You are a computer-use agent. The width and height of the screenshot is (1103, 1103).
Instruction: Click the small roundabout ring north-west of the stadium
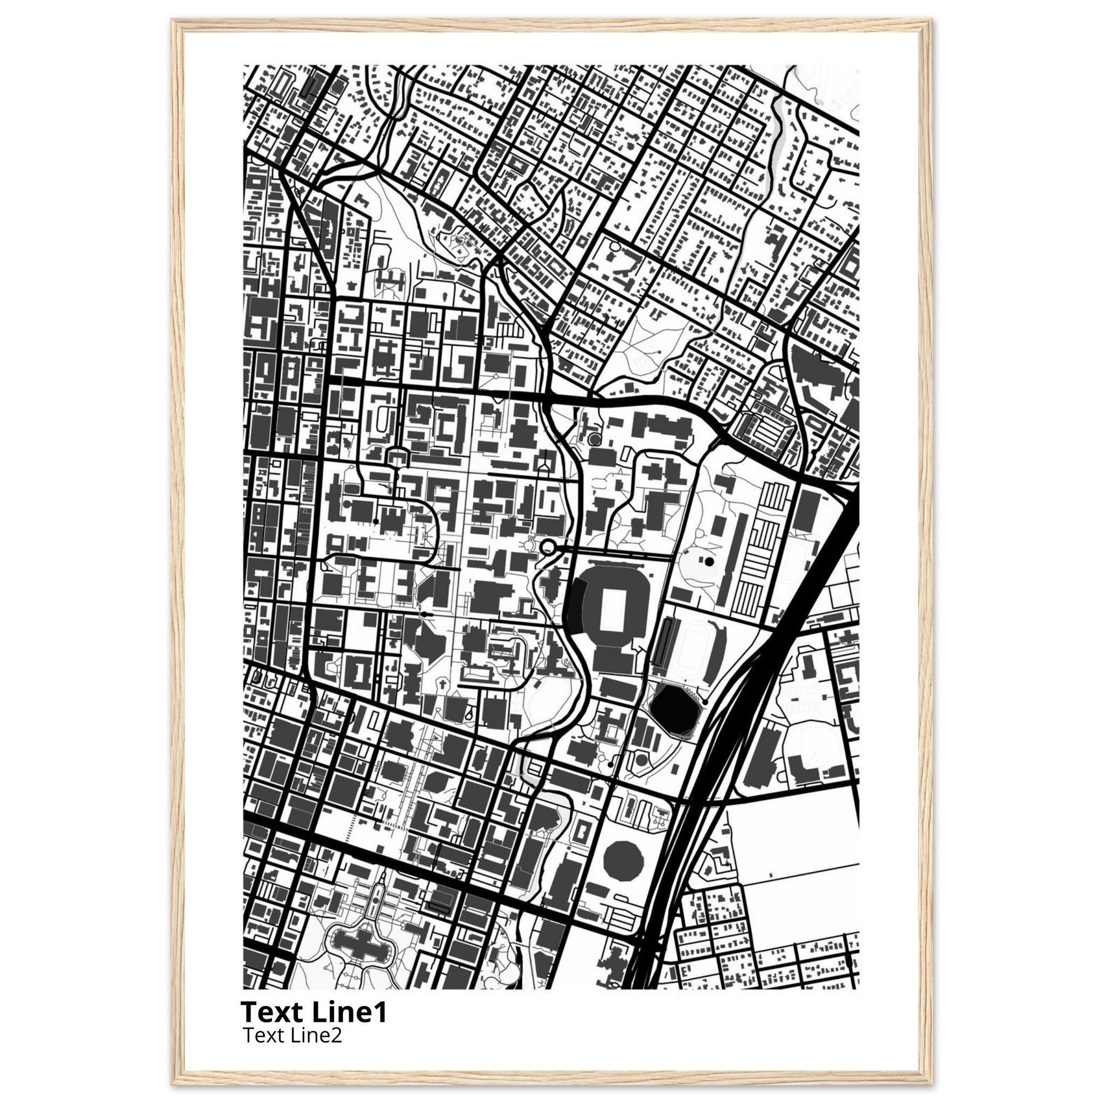pyautogui.click(x=549, y=547)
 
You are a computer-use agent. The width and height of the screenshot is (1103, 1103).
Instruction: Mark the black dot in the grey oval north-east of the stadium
pyautogui.click(x=709, y=562)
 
